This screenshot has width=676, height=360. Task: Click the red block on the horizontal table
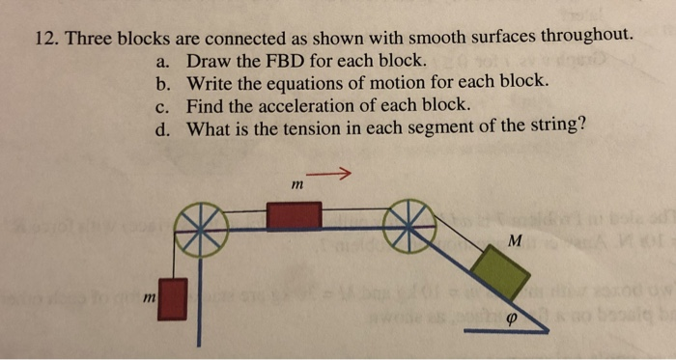(x=293, y=215)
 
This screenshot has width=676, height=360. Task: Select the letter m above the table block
(x=296, y=183)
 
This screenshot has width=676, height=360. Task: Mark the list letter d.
(x=161, y=127)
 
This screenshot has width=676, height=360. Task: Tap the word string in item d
(x=557, y=126)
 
